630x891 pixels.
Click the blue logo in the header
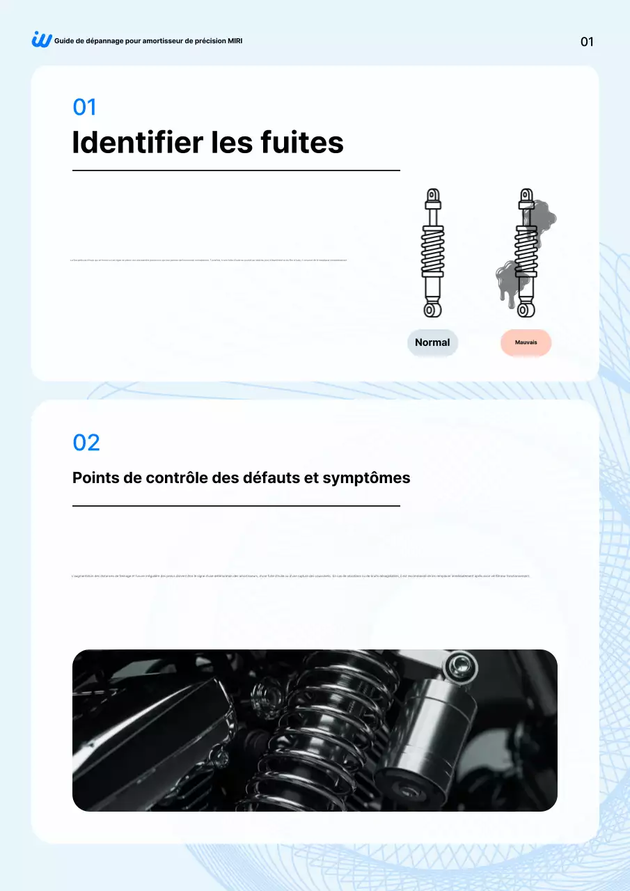coord(42,40)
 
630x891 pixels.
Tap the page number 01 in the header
coord(587,42)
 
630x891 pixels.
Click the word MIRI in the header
coord(235,41)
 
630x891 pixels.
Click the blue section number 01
coord(84,107)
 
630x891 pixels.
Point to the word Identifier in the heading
coord(137,143)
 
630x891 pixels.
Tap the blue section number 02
coord(86,443)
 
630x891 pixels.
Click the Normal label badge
coord(432,342)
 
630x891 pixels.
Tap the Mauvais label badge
coord(526,342)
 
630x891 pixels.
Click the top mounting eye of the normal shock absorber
coord(433,195)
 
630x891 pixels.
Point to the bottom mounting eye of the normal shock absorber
coord(432,308)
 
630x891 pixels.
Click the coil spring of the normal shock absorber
coord(432,251)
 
